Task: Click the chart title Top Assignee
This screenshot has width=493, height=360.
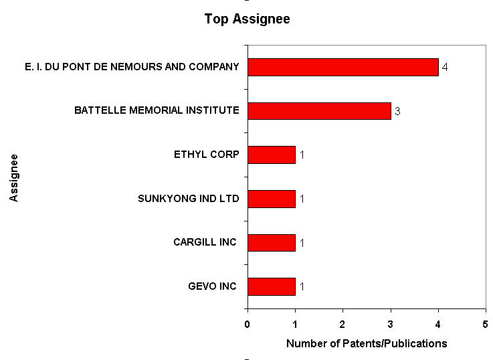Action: pyautogui.click(x=247, y=19)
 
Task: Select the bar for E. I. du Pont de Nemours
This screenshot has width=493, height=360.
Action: pyautogui.click(x=342, y=67)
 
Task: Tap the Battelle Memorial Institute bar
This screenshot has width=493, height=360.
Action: pyautogui.click(x=319, y=110)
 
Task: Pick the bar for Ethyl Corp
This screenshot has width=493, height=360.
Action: pyautogui.click(x=271, y=155)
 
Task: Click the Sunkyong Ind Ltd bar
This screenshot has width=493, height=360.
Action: pyautogui.click(x=271, y=199)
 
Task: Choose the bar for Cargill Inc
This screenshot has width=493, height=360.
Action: pyautogui.click(x=271, y=242)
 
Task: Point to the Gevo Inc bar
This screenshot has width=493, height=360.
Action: pyautogui.click(x=271, y=286)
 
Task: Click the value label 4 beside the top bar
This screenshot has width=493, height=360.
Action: pyautogui.click(x=445, y=68)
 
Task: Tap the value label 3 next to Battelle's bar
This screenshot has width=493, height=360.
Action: pyautogui.click(x=397, y=111)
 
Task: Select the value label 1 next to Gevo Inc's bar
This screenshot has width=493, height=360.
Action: pyautogui.click(x=302, y=287)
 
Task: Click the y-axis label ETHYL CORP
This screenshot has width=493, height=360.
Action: pyautogui.click(x=206, y=155)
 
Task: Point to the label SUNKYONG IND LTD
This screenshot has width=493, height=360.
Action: pyautogui.click(x=188, y=199)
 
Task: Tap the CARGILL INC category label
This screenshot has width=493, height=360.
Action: pyautogui.click(x=205, y=242)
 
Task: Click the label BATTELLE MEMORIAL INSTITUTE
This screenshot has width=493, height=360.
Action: pyautogui.click(x=157, y=110)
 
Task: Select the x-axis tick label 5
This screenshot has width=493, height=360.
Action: pyautogui.click(x=485, y=325)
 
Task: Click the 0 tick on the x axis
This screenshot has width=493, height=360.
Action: pyautogui.click(x=248, y=325)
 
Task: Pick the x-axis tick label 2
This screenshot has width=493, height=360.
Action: pyautogui.click(x=342, y=325)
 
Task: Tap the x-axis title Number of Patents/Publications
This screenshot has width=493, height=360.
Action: pyautogui.click(x=366, y=344)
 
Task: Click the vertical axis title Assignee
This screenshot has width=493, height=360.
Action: pyautogui.click(x=15, y=177)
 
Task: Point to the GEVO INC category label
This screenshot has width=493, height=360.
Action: pyautogui.click(x=212, y=286)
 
